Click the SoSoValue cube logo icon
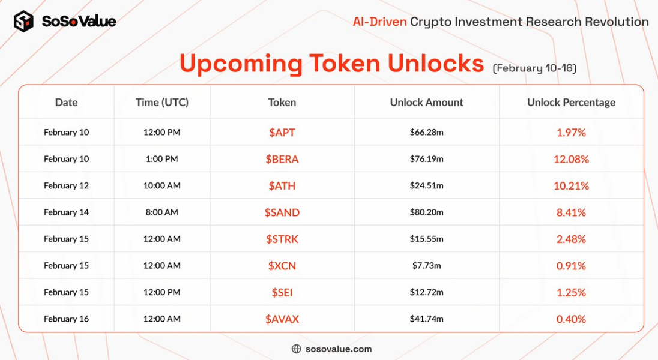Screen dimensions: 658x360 tap(23, 21)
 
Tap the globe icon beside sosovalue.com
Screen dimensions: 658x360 tap(296, 349)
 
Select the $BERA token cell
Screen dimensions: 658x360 tap(282, 159)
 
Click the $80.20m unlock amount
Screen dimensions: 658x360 tap(427, 212)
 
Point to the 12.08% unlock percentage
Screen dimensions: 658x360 tap(571, 159)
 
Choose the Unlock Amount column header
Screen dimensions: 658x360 tap(427, 103)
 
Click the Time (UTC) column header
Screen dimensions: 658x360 tap(162, 103)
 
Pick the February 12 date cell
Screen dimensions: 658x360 tap(66, 185)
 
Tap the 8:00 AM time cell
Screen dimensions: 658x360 tap(162, 212)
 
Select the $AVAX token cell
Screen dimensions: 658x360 tap(282, 319)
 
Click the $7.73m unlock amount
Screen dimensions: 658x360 tap(427, 266)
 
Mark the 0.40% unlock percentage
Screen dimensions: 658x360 tap(571, 319)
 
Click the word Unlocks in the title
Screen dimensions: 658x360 tap(436, 64)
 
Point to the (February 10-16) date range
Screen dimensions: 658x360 tap(534, 68)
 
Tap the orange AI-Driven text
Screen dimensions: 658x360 tap(380, 22)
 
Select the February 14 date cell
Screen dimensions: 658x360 tap(66, 212)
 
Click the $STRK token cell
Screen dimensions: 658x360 tap(282, 239)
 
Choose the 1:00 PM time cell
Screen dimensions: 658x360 tap(162, 159)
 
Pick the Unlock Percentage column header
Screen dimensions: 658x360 tap(571, 103)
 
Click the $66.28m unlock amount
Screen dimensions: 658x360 tap(427, 133)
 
